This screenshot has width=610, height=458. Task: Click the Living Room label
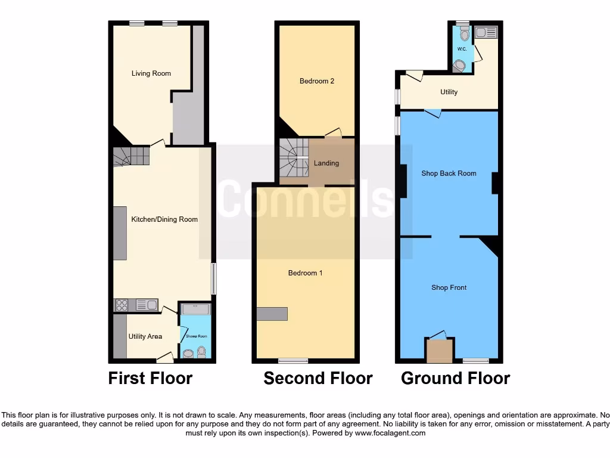151,73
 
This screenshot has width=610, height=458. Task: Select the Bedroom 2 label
316,81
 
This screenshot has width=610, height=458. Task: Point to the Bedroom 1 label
306,273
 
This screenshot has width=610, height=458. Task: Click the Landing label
326,163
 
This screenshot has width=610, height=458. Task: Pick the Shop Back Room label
449,174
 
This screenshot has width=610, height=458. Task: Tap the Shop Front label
449,288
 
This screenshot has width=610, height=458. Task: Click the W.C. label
462,49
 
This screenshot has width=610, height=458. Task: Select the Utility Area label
145,336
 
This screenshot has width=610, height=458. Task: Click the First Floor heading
150,378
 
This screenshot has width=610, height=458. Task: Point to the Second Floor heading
318,378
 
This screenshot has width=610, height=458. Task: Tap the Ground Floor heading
456,378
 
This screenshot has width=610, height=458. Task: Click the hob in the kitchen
122,305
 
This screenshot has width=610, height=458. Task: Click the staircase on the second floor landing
294,157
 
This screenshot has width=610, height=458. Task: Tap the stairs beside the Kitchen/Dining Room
131,156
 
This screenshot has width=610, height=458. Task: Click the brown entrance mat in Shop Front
440,351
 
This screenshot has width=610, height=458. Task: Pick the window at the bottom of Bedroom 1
294,361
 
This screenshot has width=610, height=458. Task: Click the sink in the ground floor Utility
485,32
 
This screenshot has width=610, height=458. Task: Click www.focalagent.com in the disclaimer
390,434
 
